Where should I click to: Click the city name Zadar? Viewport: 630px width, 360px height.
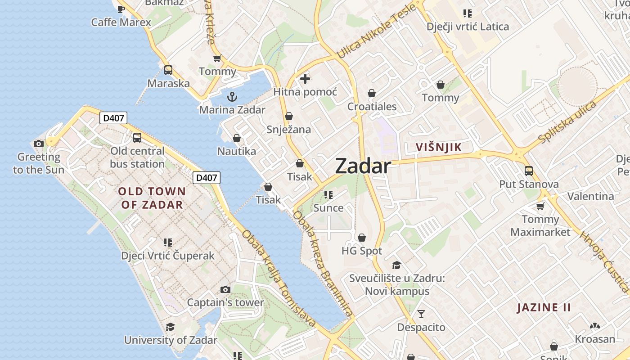pyautogui.click(x=363, y=166)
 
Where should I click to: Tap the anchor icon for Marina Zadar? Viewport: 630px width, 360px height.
pyautogui.click(x=232, y=97)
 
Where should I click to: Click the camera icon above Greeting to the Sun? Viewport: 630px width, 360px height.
pyautogui.click(x=39, y=144)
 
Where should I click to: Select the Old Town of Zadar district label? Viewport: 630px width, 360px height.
pyautogui.click(x=152, y=198)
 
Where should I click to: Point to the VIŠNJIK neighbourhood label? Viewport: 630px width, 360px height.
pyautogui.click(x=439, y=147)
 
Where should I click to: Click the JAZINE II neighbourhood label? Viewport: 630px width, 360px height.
pyautogui.click(x=544, y=308)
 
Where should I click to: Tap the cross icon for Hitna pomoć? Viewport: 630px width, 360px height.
pyautogui.click(x=305, y=79)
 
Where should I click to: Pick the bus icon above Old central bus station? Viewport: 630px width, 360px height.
pyautogui.click(x=137, y=138)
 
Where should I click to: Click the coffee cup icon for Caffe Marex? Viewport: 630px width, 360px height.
pyautogui.click(x=121, y=9)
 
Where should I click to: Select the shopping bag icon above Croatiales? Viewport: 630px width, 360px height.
pyautogui.click(x=372, y=93)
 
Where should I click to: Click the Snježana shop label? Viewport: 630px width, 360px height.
pyautogui.click(x=288, y=130)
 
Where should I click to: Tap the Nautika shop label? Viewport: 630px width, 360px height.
pyautogui.click(x=236, y=151)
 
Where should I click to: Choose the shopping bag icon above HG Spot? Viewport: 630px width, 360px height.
pyautogui.click(x=362, y=238)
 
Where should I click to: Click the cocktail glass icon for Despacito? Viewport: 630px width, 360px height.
pyautogui.click(x=421, y=314)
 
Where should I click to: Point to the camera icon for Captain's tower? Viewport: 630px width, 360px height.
pyautogui.click(x=225, y=289)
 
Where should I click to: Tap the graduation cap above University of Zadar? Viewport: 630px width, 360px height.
pyautogui.click(x=170, y=327)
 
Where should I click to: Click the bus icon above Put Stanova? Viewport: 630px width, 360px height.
pyautogui.click(x=529, y=171)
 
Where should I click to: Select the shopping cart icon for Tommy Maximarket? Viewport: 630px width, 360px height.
pyautogui.click(x=540, y=206)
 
